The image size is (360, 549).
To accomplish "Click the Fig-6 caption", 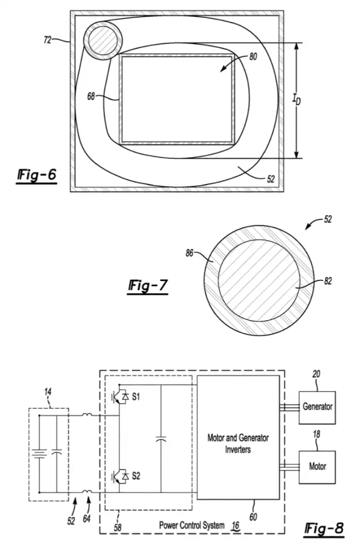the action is point(36,175).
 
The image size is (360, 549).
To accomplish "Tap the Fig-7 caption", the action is point(148,286).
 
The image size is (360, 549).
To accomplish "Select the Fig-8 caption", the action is point(324,529).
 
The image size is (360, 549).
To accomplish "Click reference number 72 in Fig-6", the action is point(47,40).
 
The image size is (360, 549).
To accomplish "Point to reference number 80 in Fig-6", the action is point(253,56).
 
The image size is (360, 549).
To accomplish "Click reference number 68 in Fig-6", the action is point(91,96).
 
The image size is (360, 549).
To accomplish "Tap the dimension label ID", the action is point(296,100).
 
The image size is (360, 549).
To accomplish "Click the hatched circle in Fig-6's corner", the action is point(103,40).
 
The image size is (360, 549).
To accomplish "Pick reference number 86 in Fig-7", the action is point(189,253).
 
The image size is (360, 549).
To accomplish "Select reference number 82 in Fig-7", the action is point(328,281).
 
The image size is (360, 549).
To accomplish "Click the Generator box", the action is point(317,407).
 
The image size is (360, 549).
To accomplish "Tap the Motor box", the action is point(317,467).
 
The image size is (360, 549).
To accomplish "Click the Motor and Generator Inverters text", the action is point(238,443).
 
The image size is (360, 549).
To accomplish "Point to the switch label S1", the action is point(136,397).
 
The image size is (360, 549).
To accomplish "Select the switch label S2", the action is point(136,476).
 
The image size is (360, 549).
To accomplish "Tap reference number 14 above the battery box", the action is point(48,392).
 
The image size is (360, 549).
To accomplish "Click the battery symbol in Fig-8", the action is point(39,454).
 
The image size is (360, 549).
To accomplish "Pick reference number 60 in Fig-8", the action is point(253,517).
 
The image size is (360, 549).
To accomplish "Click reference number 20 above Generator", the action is point(316,374).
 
